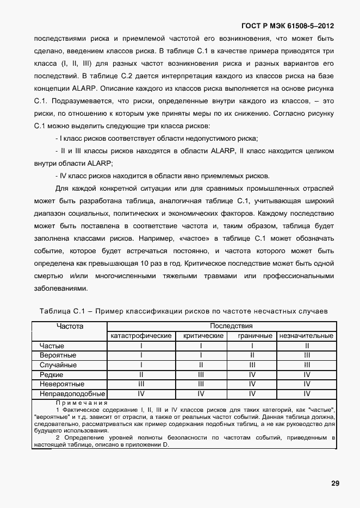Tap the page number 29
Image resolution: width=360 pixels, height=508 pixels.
point(334,484)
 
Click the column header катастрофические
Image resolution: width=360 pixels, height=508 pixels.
point(141,336)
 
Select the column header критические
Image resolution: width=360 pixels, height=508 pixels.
point(201,336)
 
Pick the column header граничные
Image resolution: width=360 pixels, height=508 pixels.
point(252,336)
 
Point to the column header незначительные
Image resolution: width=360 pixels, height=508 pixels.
point(307,336)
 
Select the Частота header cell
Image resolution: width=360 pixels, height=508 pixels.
point(70,326)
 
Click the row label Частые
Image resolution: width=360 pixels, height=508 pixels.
point(52,346)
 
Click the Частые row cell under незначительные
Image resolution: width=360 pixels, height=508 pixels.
point(307,346)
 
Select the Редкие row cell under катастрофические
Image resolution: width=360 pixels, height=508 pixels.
point(141,375)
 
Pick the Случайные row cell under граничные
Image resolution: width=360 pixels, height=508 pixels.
point(252,365)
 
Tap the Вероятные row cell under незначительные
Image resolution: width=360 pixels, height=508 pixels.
point(307,355)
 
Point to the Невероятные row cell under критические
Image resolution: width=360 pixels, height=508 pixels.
point(201,384)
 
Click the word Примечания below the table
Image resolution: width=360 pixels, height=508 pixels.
point(81,403)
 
